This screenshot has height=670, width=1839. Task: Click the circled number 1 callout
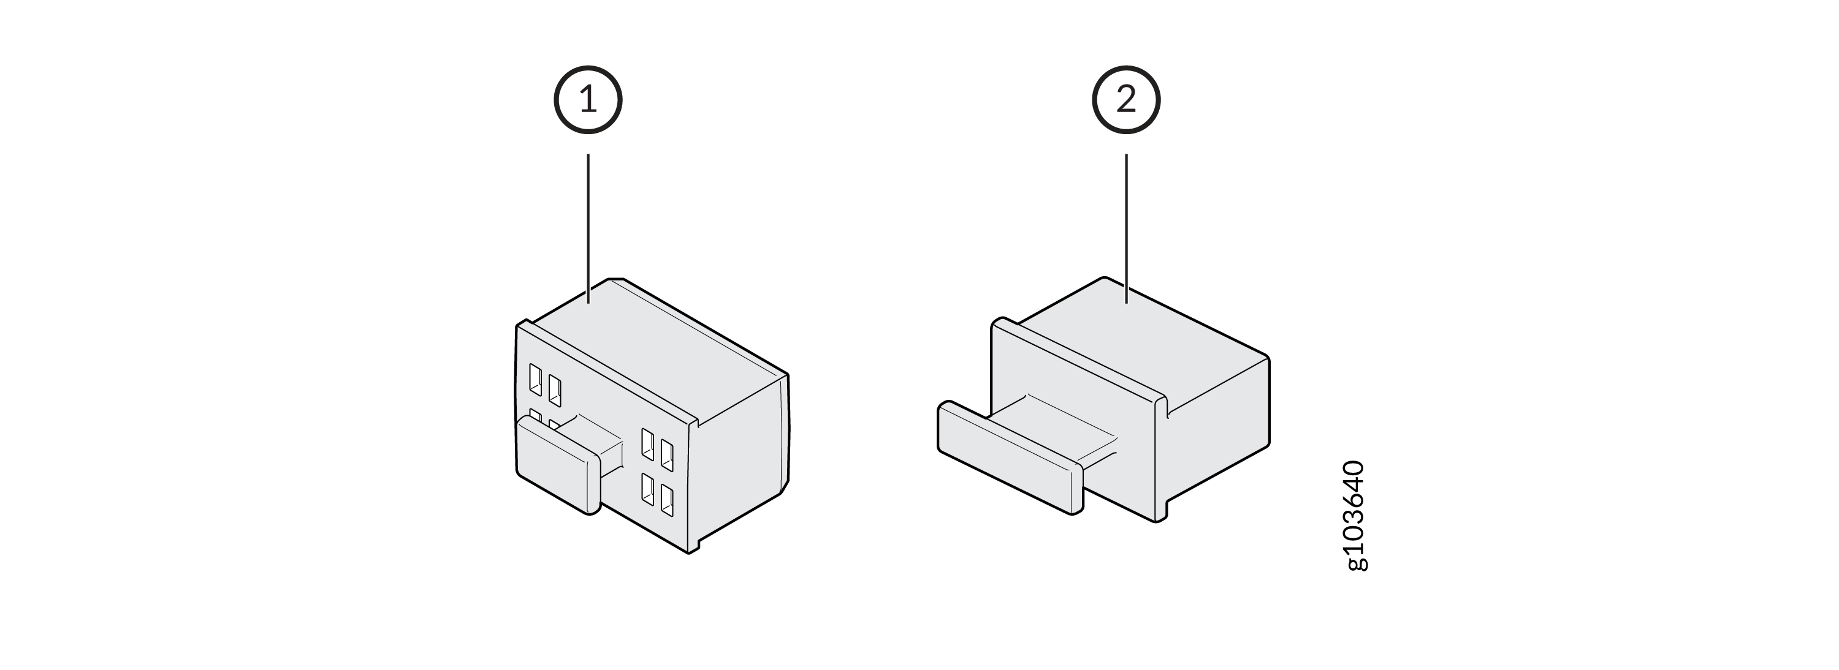click(587, 100)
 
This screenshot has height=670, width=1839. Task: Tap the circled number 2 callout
click(1126, 100)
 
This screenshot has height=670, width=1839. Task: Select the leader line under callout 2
click(1127, 228)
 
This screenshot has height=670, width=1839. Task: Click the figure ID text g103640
click(1355, 516)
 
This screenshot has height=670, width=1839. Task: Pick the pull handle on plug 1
click(558, 465)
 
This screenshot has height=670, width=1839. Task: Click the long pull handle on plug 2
click(1010, 457)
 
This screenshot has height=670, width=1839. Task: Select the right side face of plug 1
click(742, 464)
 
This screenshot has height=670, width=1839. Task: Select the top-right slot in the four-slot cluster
click(667, 455)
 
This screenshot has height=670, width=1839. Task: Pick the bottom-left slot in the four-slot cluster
click(647, 489)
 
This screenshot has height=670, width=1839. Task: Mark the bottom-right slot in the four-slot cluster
click(667, 500)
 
